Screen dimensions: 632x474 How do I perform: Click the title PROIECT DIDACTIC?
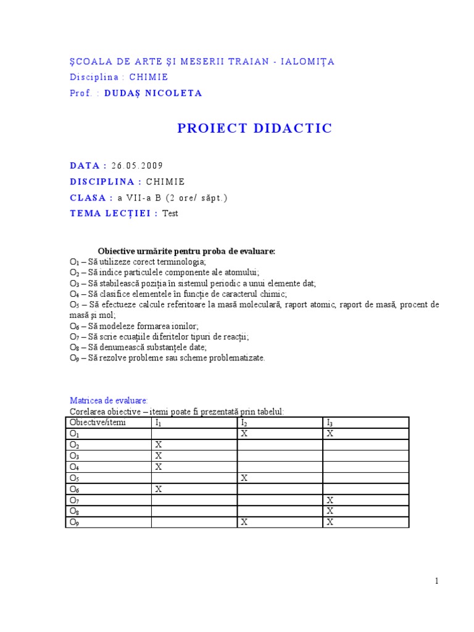tap(255, 128)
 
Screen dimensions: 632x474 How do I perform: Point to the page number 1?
tap(436, 580)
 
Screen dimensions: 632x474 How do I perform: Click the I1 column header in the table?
tap(159, 422)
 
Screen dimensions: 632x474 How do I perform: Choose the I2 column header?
tap(244, 422)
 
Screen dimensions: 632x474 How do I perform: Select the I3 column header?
tap(330, 422)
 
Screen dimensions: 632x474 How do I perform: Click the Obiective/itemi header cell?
tap(98, 422)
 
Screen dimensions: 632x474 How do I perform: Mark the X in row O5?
tap(244, 478)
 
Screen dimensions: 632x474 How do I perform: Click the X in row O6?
tap(159, 489)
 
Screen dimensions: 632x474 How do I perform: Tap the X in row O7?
tap(330, 500)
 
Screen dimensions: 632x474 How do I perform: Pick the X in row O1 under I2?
tap(244, 433)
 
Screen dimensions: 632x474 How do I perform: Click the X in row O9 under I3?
tap(330, 522)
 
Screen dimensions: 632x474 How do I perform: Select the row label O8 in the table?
tap(75, 511)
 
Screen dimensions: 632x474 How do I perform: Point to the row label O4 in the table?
tap(75, 467)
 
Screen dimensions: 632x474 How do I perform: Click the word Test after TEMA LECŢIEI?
tap(170, 214)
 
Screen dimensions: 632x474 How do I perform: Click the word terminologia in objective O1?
tap(184, 262)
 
